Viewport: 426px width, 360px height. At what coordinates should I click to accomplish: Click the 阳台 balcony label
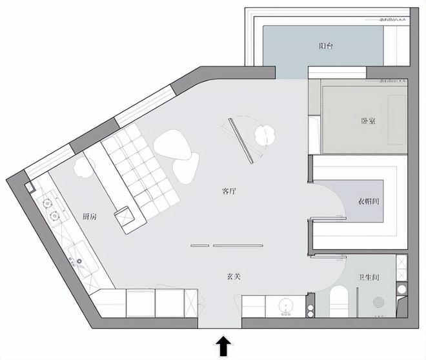tap(326, 46)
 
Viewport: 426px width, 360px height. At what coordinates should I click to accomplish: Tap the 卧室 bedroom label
tap(369, 121)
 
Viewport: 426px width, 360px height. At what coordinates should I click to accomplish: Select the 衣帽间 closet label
tap(369, 201)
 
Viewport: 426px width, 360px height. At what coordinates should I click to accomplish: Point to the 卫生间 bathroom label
tap(369, 277)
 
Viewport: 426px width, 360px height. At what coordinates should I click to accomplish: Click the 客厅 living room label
tap(229, 191)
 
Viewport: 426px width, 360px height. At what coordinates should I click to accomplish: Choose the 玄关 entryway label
tap(234, 276)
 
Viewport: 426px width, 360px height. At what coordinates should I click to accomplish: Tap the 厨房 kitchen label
tap(90, 216)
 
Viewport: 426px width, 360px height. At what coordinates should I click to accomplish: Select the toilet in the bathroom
tap(339, 301)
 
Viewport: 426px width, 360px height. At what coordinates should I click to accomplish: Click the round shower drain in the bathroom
tap(378, 302)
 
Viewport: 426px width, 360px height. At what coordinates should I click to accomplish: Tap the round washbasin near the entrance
tap(286, 305)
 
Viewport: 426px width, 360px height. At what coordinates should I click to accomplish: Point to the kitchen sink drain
tap(79, 261)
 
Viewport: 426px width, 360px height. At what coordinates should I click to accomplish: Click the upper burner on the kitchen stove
tap(47, 203)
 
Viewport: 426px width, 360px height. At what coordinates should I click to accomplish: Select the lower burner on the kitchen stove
tap(55, 216)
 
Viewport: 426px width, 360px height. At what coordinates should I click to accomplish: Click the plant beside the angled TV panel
tap(265, 135)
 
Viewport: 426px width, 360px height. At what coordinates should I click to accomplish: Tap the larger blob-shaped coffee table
tap(172, 144)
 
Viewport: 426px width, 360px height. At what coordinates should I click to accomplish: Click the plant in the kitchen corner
tap(84, 166)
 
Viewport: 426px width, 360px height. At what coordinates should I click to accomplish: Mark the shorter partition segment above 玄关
tap(200, 246)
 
